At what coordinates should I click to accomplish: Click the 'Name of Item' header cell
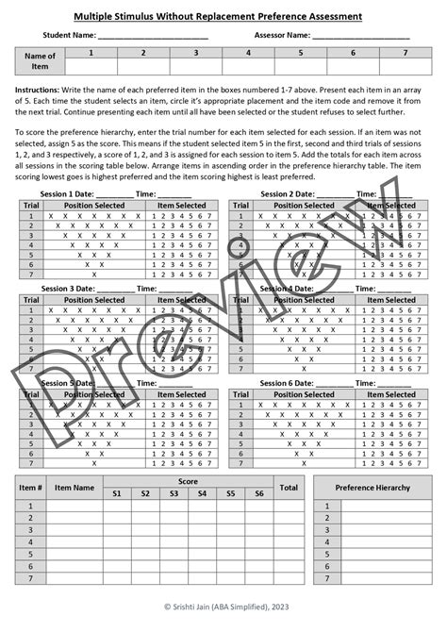coord(39,61)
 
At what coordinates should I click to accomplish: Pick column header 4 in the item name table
coord(248,53)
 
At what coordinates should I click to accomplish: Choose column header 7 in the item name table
coord(406,53)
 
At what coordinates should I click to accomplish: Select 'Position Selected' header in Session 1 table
coord(95,205)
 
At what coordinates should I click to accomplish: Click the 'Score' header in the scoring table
coord(188,481)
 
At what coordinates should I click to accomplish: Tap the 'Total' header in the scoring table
coord(289,488)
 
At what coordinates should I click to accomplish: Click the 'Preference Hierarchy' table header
coord(372,488)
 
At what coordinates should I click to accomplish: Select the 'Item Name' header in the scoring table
coord(74,488)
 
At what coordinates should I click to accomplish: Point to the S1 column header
coord(117,493)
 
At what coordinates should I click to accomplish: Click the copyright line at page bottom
coord(223,607)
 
